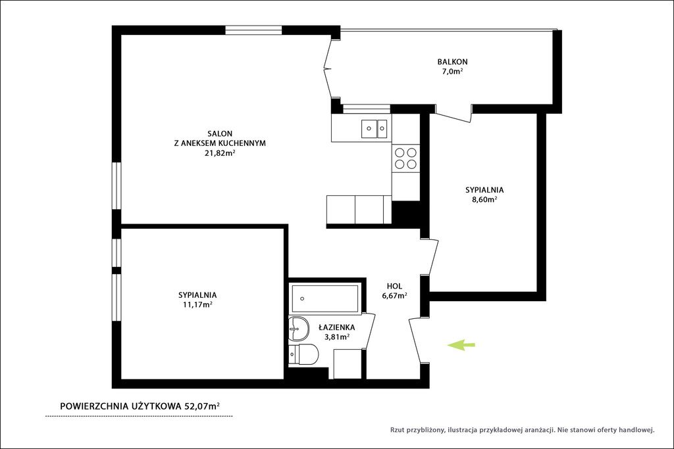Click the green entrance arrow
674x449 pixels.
461,344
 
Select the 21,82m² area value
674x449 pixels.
220,153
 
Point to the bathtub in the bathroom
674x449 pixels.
325,298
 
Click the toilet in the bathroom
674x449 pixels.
303,354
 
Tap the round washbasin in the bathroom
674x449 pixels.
299,329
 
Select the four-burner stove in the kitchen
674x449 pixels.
405,158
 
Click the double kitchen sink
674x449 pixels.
375,128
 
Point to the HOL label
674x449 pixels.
395,287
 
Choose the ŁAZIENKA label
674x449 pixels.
337,327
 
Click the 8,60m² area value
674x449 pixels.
484,199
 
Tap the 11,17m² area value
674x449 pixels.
197,305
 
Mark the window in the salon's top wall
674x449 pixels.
253,30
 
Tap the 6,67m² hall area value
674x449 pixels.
395,296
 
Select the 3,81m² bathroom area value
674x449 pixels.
337,337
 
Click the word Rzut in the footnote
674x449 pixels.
398,429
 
